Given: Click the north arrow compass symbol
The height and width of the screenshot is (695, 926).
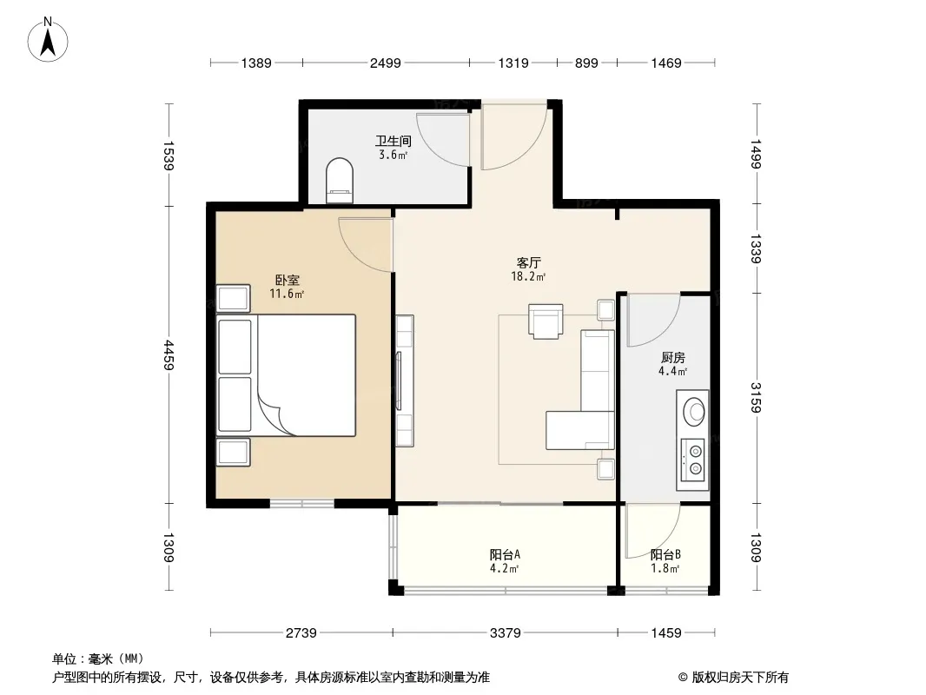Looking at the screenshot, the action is pos(48,40).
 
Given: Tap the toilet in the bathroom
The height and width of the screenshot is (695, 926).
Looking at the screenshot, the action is pos(340,180).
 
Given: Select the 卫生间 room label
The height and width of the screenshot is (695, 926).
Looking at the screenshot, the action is pos(394,141).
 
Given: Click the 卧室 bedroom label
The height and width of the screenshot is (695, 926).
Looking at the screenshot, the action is pos(287,280).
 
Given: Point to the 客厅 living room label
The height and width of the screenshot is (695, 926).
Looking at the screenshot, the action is pos(528,262).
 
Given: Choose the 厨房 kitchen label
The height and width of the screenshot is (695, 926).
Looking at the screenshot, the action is pos(672,358).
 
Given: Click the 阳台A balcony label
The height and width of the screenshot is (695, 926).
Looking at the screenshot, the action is pos(505,554).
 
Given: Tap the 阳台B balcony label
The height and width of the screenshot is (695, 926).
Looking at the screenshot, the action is pos(665,554).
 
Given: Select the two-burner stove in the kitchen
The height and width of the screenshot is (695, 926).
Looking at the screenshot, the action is pos(693,460).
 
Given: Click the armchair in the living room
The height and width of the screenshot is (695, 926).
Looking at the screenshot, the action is pos(546,321).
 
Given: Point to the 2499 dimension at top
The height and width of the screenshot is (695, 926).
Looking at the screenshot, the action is pos(386,63).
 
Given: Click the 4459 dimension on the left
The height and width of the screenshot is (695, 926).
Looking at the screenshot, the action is pos(169,354).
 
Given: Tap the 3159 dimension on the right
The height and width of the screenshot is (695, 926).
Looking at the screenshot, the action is pos(757,397).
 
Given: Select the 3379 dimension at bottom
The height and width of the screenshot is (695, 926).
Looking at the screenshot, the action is pos(506,633).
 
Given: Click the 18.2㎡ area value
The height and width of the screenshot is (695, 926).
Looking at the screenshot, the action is pos(528,276).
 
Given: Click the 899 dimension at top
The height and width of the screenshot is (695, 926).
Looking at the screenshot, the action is pos(586,63).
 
